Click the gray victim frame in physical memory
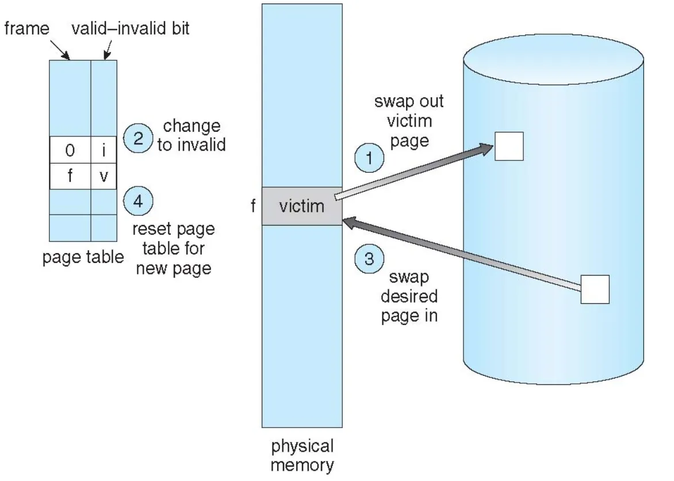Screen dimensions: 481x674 click(x=302, y=206)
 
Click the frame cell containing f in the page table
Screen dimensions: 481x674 click(x=70, y=175)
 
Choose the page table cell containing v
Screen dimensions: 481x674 click(x=104, y=175)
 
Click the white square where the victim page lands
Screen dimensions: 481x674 click(x=508, y=146)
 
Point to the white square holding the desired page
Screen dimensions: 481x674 click(x=595, y=289)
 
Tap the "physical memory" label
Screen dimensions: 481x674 click(x=302, y=456)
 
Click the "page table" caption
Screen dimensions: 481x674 click(x=83, y=257)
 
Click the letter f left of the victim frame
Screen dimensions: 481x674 click(x=252, y=206)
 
